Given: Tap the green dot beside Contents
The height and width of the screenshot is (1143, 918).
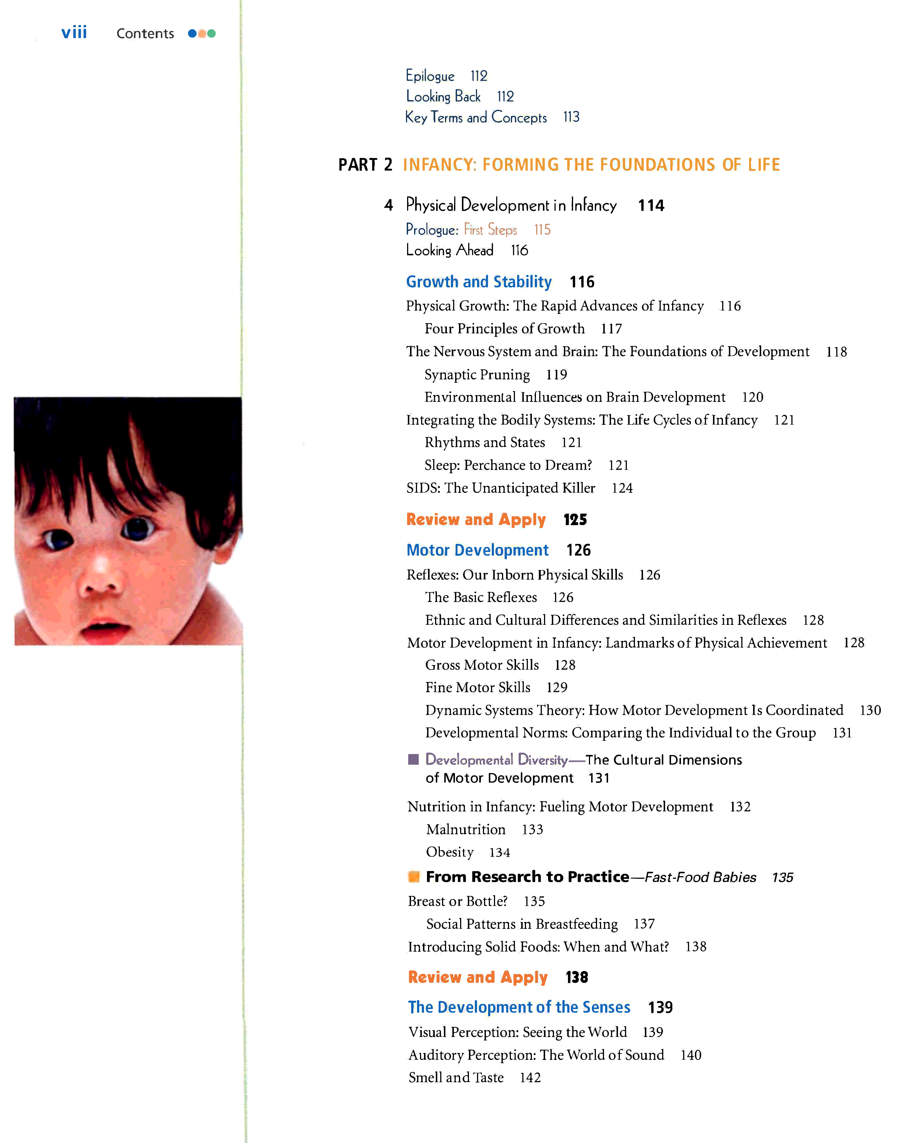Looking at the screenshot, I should pyautogui.click(x=212, y=33).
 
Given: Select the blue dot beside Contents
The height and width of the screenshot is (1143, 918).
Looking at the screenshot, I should pyautogui.click(x=192, y=33).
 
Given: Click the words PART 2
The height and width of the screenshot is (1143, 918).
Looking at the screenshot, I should pyautogui.click(x=365, y=165).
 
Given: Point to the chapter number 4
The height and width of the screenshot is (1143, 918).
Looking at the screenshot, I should pyautogui.click(x=389, y=205).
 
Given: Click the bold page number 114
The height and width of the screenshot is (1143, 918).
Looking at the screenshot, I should pyautogui.click(x=651, y=206).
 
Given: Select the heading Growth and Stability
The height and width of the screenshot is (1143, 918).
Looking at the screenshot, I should pyautogui.click(x=479, y=282).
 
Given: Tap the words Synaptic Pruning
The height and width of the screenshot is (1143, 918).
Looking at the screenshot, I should pyautogui.click(x=477, y=375).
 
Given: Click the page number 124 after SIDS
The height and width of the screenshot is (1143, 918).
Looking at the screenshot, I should pyautogui.click(x=622, y=488).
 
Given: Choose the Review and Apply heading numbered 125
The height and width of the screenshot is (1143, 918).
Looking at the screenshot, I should pyautogui.click(x=476, y=520).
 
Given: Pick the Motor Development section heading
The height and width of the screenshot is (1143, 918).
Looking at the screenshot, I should pyautogui.click(x=477, y=550).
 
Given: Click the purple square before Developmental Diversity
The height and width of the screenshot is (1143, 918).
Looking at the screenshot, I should pyautogui.click(x=413, y=759).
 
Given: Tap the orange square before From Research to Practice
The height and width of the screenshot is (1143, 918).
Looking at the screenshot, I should pyautogui.click(x=414, y=876).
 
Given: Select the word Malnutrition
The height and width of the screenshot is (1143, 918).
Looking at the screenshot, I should pyautogui.click(x=466, y=830).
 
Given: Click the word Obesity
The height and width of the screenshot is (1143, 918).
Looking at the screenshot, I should pyautogui.click(x=450, y=852).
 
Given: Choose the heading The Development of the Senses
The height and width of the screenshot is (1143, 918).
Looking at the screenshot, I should pyautogui.click(x=519, y=1007).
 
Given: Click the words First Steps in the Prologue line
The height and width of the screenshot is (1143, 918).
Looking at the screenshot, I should pyautogui.click(x=490, y=230).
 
